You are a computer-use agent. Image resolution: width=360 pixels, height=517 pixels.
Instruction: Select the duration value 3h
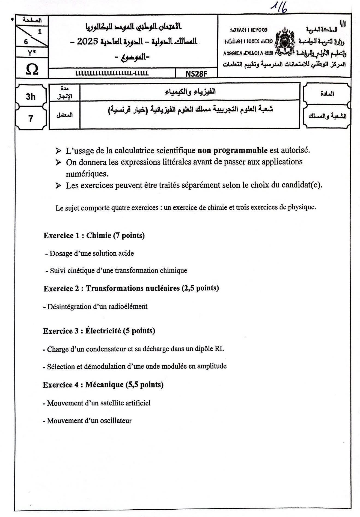tap(31, 97)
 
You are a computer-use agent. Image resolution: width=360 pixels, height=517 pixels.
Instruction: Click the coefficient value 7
tap(31, 118)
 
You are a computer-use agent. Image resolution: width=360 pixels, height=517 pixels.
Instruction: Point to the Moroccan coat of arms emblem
tap(285, 41)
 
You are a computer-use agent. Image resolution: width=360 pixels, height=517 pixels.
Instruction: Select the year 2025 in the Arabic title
tap(87, 41)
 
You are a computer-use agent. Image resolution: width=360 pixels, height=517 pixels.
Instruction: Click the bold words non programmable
tap(232, 150)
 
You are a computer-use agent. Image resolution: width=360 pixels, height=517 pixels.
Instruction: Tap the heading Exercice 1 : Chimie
tap(94, 235)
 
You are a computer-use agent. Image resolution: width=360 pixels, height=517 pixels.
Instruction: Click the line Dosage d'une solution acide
tap(90, 253)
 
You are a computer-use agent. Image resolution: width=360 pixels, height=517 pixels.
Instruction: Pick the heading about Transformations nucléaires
tap(131, 288)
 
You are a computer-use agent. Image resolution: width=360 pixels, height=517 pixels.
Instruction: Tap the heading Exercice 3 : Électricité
tap(99, 331)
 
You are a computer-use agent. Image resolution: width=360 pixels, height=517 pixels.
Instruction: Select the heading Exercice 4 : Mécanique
tap(103, 385)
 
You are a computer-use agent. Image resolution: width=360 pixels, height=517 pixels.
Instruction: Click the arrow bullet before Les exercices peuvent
tap(58, 186)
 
